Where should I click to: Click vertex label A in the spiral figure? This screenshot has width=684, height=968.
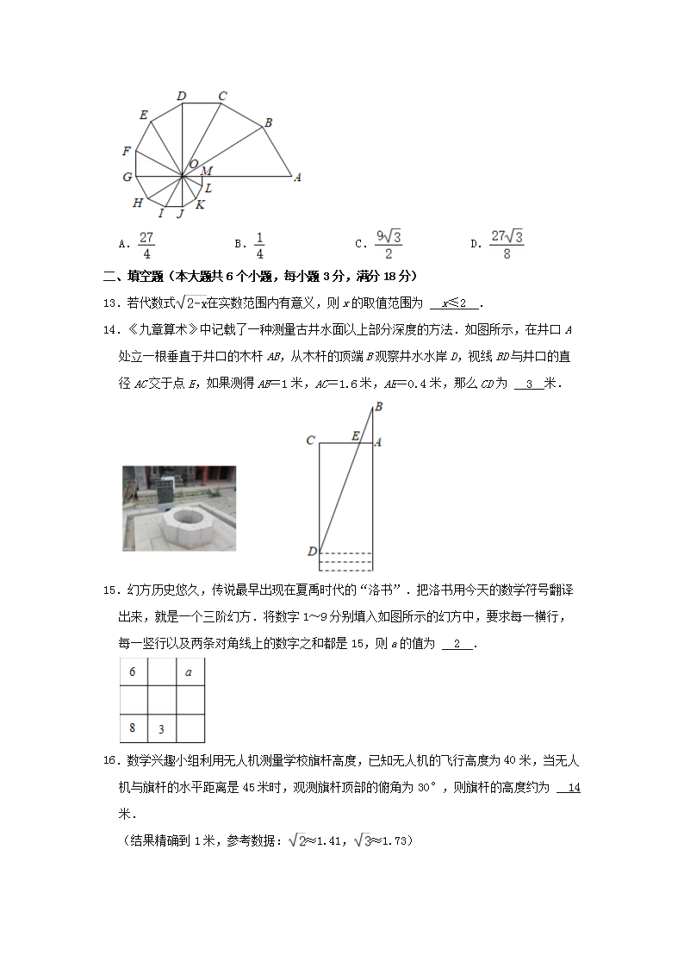click(x=297, y=178)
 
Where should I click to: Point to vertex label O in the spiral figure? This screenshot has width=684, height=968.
click(x=193, y=164)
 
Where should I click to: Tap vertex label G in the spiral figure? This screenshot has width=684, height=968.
click(x=127, y=178)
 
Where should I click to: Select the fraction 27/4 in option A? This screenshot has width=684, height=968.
click(x=146, y=246)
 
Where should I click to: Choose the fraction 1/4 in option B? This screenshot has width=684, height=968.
click(x=259, y=246)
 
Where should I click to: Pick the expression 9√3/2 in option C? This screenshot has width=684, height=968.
click(x=389, y=245)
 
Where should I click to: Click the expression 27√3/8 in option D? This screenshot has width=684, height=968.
click(x=507, y=245)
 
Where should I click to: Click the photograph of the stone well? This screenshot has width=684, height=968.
click(x=179, y=508)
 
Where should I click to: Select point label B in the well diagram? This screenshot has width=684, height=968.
click(x=378, y=407)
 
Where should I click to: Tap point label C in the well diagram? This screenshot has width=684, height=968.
click(x=310, y=441)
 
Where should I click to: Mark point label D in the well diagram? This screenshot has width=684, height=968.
click(x=311, y=551)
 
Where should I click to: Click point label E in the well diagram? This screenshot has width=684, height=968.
click(x=355, y=436)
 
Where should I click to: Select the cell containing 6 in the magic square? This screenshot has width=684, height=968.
click(x=134, y=672)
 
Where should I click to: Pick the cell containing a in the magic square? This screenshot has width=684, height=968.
click(x=190, y=672)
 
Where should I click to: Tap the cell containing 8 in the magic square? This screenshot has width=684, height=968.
click(x=134, y=728)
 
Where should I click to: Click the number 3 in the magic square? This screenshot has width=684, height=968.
click(x=161, y=729)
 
